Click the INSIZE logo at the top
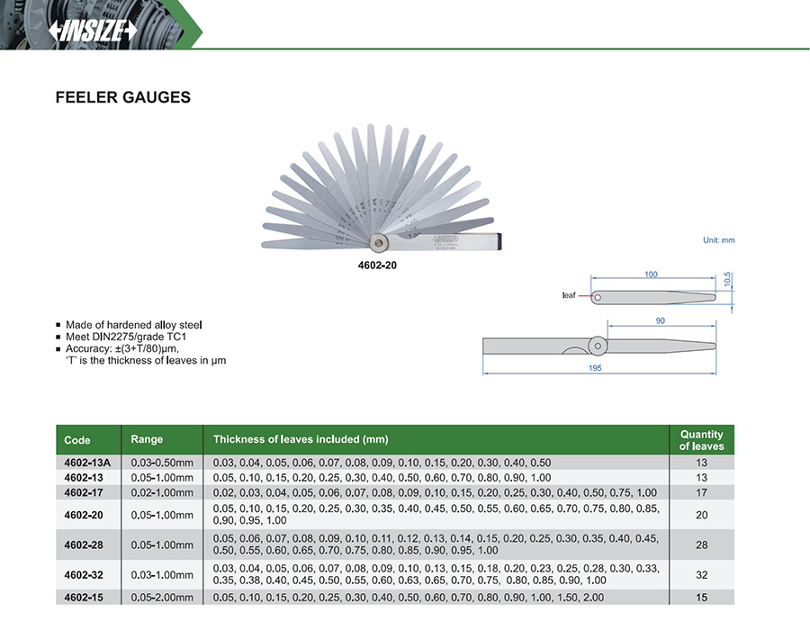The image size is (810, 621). click(93, 30)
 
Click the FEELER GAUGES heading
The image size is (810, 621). click(123, 97)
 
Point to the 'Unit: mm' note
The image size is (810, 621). click(718, 240)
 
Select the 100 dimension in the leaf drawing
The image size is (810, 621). click(651, 274)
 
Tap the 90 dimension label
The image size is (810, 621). click(660, 321)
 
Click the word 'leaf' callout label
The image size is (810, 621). click(569, 295)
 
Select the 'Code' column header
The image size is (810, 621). click(77, 440)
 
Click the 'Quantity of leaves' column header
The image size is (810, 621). click(701, 440)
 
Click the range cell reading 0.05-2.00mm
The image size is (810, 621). click(162, 598)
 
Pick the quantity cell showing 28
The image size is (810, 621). click(701, 544)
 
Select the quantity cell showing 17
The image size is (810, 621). click(701, 493)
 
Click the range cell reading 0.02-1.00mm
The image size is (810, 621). click(162, 493)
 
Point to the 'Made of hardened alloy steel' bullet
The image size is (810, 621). click(134, 324)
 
